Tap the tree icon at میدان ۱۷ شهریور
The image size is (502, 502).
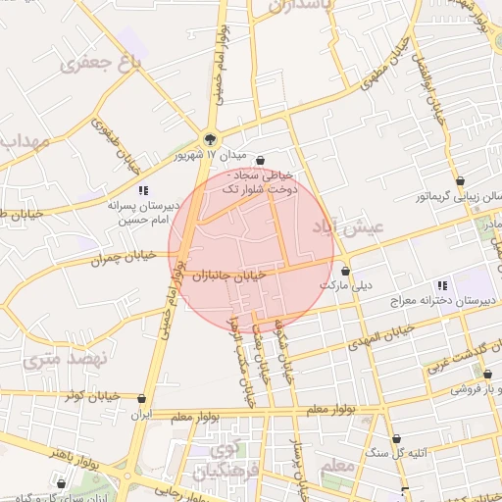(209, 138)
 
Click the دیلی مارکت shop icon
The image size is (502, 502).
(345, 271)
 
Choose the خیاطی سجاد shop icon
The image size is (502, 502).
(259, 160)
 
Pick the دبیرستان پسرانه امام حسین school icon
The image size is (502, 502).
(143, 190)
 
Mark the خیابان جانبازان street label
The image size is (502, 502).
(230, 276)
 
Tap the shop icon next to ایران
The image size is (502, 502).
(143, 399)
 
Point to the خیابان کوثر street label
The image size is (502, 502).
(90, 396)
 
